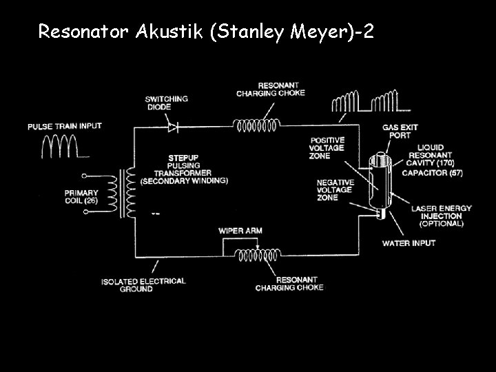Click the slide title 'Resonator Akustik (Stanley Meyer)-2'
[206, 31]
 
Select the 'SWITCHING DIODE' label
[166, 103]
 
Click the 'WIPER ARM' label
[240, 230]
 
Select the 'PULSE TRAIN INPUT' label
[64, 126]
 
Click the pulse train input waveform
[61, 146]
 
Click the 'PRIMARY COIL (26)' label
[81, 197]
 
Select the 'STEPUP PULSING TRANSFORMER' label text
[183, 169]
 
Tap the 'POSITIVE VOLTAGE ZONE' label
[327, 148]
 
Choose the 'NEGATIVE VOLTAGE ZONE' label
[335, 189]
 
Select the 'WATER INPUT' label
[409, 243]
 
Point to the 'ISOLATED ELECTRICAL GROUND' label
[143, 285]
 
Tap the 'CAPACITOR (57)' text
[432, 172]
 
